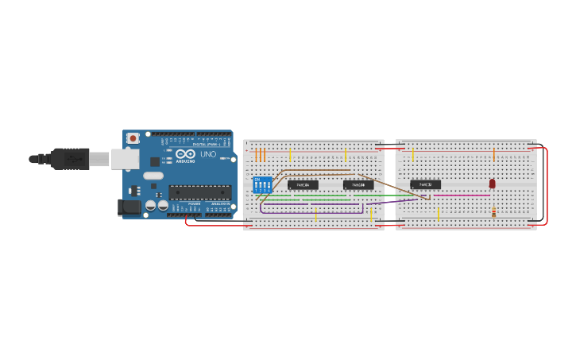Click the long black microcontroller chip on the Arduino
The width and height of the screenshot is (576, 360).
(199, 192)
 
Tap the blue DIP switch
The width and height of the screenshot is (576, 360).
(263, 185)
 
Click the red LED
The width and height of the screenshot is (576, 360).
(492, 184)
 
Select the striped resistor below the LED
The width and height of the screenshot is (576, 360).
(493, 212)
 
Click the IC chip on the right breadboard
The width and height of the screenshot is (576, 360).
(425, 184)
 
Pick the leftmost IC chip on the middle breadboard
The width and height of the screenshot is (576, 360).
(303, 184)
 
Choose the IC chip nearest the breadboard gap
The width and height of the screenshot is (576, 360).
(358, 184)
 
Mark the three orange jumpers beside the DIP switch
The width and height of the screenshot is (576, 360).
(260, 155)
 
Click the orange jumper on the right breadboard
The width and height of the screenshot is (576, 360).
(494, 154)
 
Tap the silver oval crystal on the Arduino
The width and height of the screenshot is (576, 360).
(153, 176)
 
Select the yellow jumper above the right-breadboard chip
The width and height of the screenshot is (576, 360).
(413, 153)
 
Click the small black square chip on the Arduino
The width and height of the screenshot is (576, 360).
(155, 161)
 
